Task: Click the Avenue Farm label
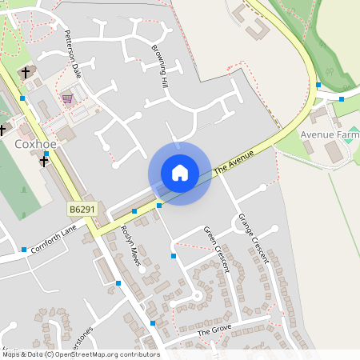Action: [x=328, y=134]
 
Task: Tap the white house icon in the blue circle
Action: [x=180, y=173]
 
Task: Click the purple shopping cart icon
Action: [x=67, y=98]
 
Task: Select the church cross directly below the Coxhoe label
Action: [x=44, y=161]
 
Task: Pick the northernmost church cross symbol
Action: [x=26, y=72]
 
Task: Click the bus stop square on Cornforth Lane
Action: [x=24, y=249]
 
